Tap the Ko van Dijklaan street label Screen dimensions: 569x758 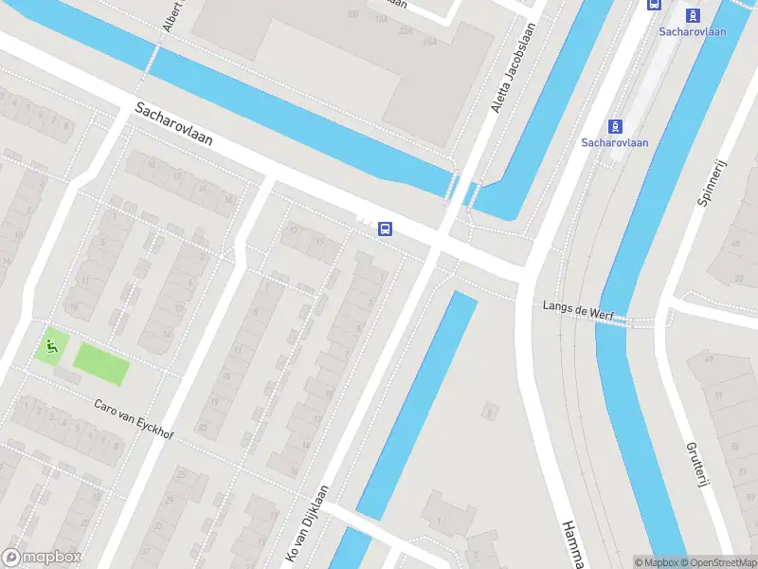click(307, 522)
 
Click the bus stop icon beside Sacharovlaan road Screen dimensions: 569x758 click(386, 229)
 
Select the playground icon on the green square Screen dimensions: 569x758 click(51, 345)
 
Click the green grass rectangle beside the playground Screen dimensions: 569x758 click(101, 364)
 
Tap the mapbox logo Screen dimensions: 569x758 click(42, 558)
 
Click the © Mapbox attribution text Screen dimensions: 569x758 click(659, 562)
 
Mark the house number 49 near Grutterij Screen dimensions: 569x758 click(708, 358)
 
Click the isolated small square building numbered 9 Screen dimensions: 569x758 click(490, 411)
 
